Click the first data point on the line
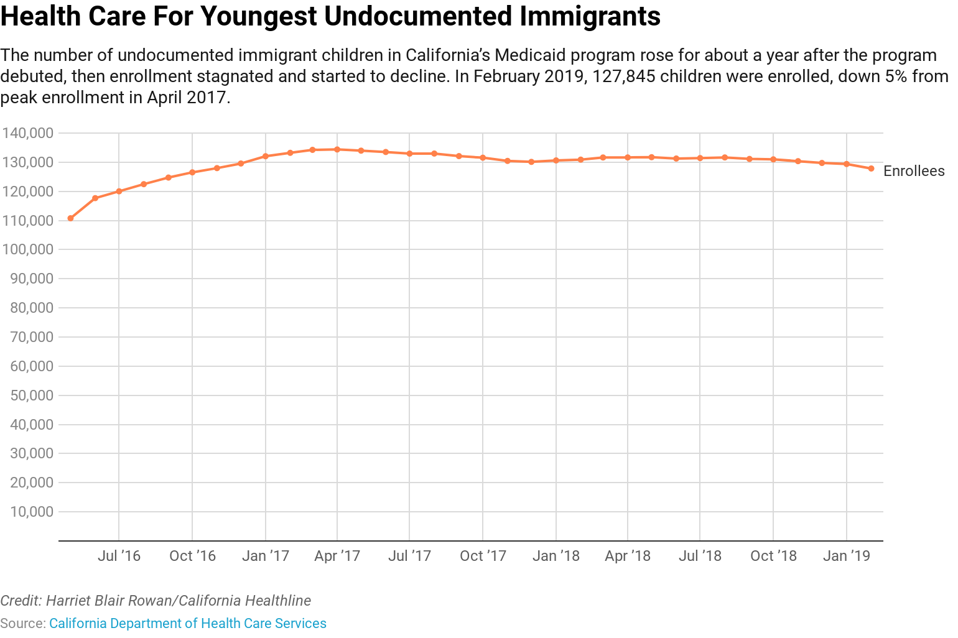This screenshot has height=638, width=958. point(70,218)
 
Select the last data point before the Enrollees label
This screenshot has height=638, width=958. point(871,169)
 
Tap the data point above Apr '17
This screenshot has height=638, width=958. point(337,149)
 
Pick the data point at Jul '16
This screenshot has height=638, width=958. point(119,192)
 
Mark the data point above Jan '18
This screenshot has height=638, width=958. point(556,160)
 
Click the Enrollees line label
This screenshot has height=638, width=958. point(914,171)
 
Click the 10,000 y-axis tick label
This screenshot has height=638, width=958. point(32,512)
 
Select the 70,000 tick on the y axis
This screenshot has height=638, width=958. point(32,337)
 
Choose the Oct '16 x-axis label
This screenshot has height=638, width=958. point(192,555)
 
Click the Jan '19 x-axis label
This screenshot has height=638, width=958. point(847,555)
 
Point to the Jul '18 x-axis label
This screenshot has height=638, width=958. point(700,555)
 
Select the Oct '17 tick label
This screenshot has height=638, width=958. point(483,555)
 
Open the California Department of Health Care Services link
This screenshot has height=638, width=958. point(188,623)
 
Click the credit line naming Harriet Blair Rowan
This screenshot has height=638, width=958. point(156,601)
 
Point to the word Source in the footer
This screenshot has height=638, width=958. point(22,623)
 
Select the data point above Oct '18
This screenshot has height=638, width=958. point(773,159)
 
